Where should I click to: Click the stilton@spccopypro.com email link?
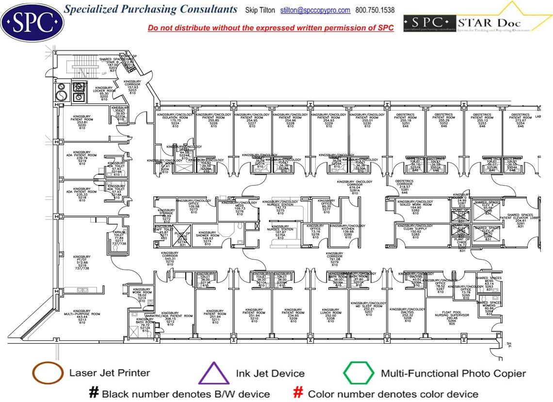pyautogui.click(x=315, y=10)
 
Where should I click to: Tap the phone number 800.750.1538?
pyautogui.click(x=375, y=10)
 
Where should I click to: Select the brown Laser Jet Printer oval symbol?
pyautogui.click(x=48, y=373)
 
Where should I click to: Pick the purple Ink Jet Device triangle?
pyautogui.click(x=214, y=373)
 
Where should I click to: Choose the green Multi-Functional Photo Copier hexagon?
pyautogui.click(x=358, y=373)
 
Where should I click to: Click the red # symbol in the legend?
pyautogui.click(x=299, y=393)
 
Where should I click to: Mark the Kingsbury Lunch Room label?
pyautogui.click(x=330, y=315)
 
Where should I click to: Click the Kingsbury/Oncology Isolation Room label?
pyautogui.click(x=176, y=119)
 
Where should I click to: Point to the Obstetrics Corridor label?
pyautogui.click(x=405, y=186)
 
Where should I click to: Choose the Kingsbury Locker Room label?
pyautogui.click(x=104, y=93)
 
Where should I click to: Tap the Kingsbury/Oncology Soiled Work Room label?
pyautogui.click(x=415, y=206)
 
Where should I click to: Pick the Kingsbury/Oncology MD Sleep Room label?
pyautogui.click(x=369, y=308)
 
